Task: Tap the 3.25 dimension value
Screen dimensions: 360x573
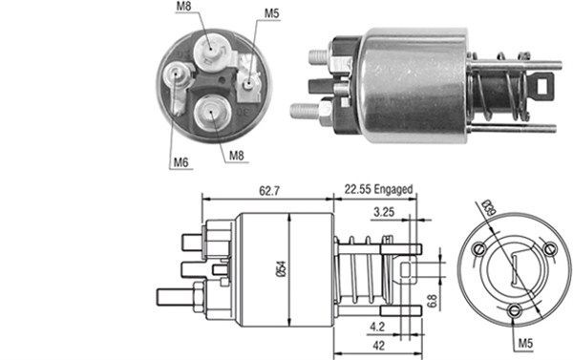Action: click(385, 213)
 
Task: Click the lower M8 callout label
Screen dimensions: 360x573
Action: click(235, 154)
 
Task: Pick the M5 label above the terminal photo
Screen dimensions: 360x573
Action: click(272, 14)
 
